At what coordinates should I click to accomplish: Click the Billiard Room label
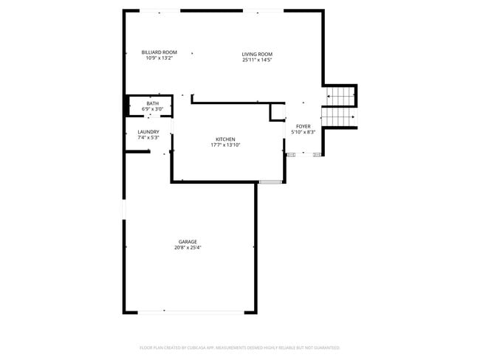(x=160, y=52)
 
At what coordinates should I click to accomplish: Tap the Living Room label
(x=258, y=54)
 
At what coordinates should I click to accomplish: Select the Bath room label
(x=152, y=103)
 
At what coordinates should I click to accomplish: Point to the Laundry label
(x=148, y=132)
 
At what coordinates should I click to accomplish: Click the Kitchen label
(x=225, y=139)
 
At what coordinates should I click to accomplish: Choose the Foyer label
(x=304, y=126)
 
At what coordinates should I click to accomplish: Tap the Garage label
(x=188, y=242)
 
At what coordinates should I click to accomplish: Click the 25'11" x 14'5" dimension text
(x=258, y=60)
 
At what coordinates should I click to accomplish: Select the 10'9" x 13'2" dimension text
(x=160, y=58)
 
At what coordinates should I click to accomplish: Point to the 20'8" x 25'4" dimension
(x=188, y=248)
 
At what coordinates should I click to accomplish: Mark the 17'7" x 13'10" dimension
(x=225, y=145)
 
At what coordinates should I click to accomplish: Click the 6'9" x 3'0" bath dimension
(x=152, y=109)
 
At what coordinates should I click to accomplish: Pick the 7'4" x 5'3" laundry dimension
(x=148, y=138)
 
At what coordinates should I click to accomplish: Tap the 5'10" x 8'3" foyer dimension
(x=304, y=132)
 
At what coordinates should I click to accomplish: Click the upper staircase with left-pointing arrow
(x=340, y=96)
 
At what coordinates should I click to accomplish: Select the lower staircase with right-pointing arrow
(x=340, y=117)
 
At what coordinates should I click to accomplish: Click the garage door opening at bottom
(x=192, y=312)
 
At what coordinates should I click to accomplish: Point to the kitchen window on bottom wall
(x=270, y=181)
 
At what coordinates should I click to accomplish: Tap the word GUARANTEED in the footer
(x=325, y=347)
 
